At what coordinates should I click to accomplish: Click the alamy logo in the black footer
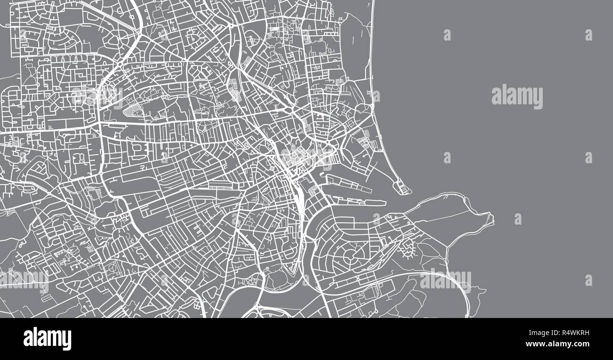coord(47,339)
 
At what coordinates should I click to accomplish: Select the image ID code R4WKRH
coord(572,334)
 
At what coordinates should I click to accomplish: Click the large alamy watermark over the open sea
coord(517,97)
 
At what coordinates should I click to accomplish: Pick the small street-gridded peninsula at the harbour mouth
coord(402,188)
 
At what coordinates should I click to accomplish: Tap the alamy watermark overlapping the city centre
coord(306,158)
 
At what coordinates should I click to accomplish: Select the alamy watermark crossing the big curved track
coord(445,280)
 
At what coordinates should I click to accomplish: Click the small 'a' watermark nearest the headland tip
coord(518,219)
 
